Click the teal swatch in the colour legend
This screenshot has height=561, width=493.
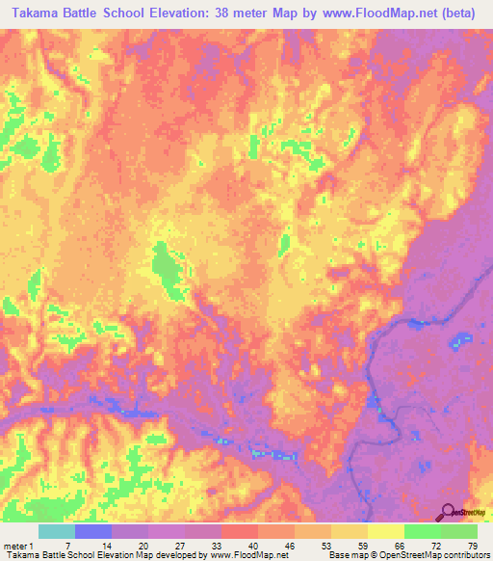coord(57,532)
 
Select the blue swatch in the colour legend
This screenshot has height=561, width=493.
coord(93,532)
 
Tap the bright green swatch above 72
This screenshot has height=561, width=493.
coord(423,532)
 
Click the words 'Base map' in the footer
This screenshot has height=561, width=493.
coord(345,554)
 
